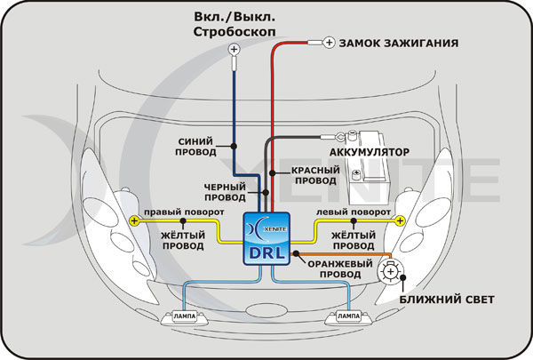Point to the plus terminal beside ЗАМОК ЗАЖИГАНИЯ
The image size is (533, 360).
(327, 42)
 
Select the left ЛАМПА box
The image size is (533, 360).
(183, 316)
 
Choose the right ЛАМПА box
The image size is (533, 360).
(350, 316)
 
